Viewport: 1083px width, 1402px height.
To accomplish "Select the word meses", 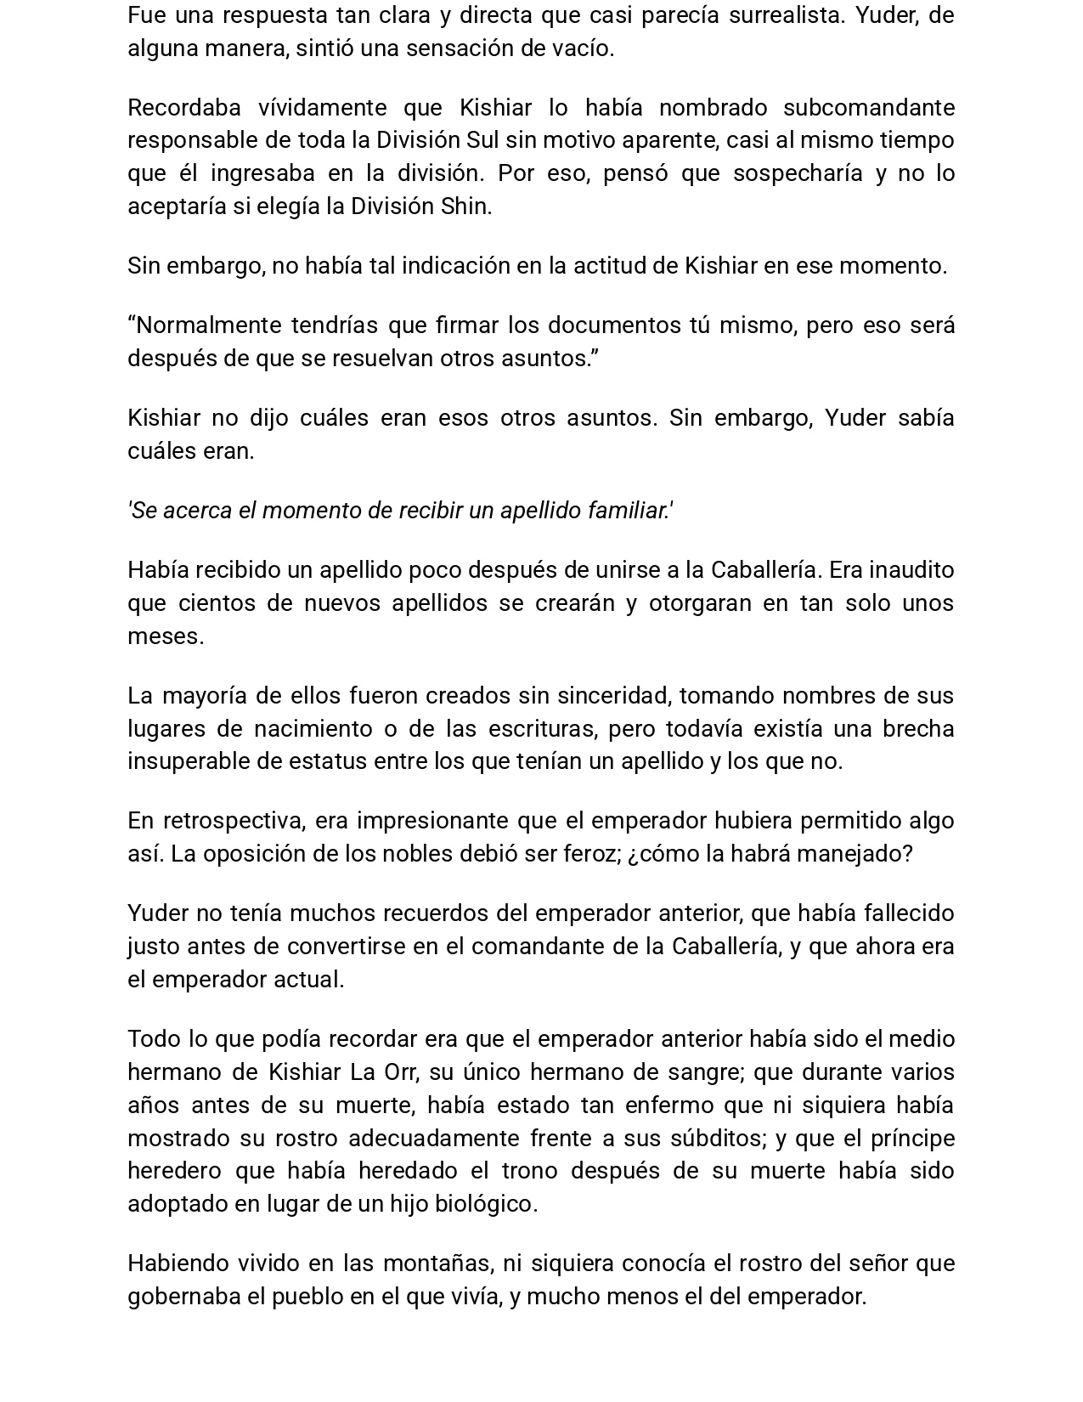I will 165,636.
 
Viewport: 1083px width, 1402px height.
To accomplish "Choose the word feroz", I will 593,854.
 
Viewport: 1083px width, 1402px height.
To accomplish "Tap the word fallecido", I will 909,913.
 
